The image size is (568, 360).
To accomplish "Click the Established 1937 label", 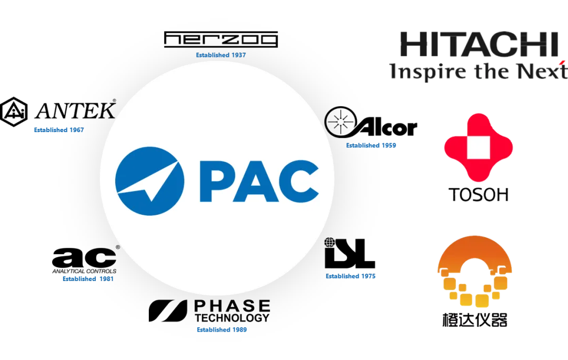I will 221,55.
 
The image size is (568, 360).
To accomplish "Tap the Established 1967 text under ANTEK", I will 59,129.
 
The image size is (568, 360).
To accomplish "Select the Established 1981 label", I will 87,279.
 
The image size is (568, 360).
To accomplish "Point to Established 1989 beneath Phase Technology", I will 221,330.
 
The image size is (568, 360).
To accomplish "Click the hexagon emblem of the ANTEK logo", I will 14,111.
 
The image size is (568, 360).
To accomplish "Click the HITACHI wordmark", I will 479,45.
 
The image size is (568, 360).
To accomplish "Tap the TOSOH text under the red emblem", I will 479,195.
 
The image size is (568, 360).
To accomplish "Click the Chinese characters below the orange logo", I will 475,319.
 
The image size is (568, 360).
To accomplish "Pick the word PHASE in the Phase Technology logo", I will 232,306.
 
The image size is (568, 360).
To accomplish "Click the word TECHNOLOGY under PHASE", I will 232,318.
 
